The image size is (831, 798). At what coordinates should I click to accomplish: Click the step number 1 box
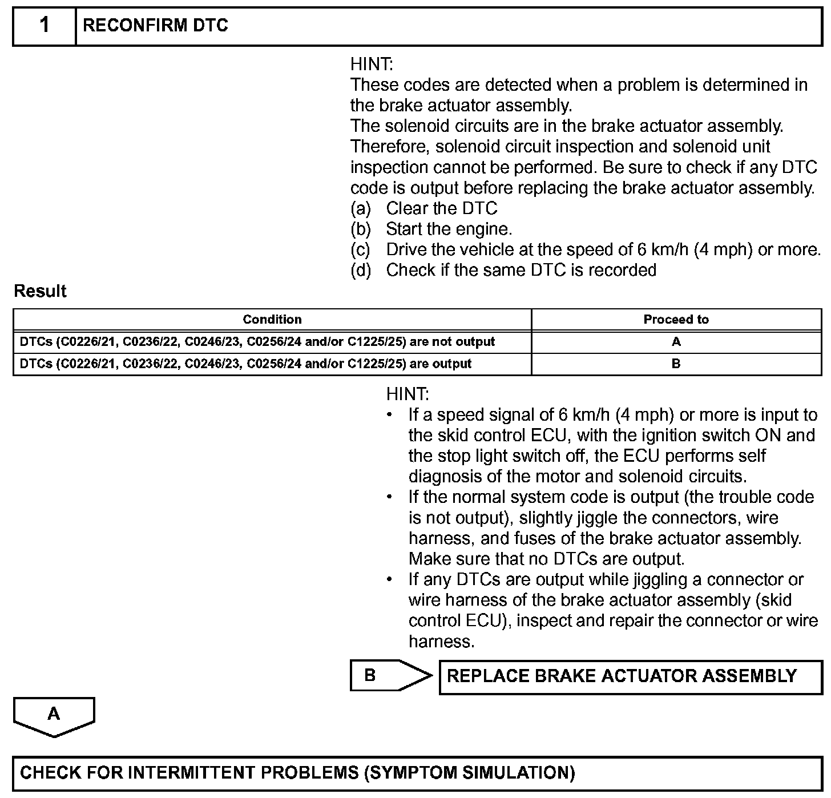[x=45, y=26]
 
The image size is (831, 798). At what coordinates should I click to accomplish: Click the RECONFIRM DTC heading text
[x=155, y=26]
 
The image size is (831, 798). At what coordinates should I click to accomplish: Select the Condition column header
[x=272, y=320]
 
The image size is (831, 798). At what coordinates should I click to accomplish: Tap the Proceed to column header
[x=676, y=320]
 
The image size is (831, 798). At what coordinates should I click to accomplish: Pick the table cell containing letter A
[x=676, y=342]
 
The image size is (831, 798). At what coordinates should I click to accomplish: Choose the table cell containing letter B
[x=676, y=364]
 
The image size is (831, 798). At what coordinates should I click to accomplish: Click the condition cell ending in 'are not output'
[x=257, y=342]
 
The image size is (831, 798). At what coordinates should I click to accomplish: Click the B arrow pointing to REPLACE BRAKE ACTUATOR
[x=390, y=675]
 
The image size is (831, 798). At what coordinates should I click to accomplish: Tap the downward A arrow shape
[x=54, y=716]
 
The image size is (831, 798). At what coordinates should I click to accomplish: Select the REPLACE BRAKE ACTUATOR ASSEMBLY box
[x=630, y=676]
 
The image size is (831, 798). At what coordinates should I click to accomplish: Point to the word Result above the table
[x=40, y=291]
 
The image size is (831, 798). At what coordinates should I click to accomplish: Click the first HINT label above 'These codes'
[x=372, y=64]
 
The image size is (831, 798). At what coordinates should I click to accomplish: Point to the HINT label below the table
[x=408, y=394]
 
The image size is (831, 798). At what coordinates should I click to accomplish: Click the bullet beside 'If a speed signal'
[x=389, y=415]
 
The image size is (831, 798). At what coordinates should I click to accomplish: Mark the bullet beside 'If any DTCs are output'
[x=389, y=579]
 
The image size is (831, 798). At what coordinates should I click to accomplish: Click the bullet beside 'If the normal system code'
[x=389, y=497]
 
